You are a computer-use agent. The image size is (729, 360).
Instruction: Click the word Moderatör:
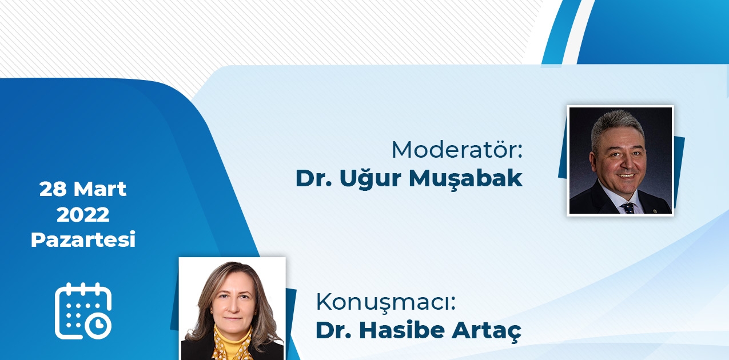point(457,150)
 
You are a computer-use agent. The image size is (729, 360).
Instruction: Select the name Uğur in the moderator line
point(371,178)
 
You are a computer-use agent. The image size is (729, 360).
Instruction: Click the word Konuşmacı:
point(385,302)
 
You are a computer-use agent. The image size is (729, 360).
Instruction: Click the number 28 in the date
point(53,189)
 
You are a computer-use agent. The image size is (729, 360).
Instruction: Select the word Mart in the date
point(100,189)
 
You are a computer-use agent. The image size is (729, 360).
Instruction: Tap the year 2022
point(83,215)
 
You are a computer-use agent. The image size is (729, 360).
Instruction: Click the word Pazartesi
point(83,239)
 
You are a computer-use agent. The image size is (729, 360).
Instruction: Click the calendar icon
point(83,311)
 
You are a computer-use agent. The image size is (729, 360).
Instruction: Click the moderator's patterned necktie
point(628,207)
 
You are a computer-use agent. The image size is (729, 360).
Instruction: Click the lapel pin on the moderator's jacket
point(655,210)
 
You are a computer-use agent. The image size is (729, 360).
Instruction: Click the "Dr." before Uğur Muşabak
point(313,178)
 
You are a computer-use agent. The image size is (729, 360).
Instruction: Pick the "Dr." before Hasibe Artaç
point(333,330)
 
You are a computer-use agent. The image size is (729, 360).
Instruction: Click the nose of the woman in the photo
point(233,307)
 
